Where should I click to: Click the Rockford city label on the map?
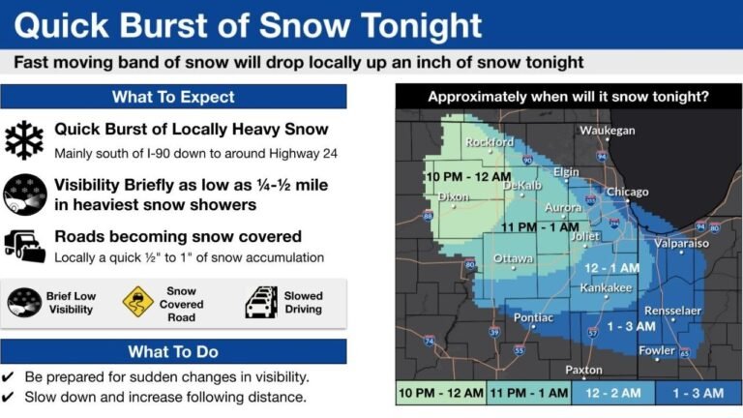pyautogui.click(x=490, y=142)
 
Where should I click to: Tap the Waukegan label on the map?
pyautogui.click(x=607, y=131)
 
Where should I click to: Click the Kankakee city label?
pyautogui.click(x=606, y=288)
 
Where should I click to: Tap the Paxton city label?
pyautogui.click(x=582, y=370)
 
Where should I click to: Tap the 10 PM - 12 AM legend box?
pyautogui.click(x=439, y=393)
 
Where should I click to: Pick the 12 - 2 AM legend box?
pyautogui.click(x=611, y=393)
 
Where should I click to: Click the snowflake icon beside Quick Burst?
pyautogui.click(x=24, y=140)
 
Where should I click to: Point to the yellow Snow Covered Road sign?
pyautogui.click(x=138, y=301)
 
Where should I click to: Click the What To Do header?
pyautogui.click(x=173, y=351)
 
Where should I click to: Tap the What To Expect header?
pyautogui.click(x=173, y=97)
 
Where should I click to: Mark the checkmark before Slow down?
pyautogui.click(x=9, y=397)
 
